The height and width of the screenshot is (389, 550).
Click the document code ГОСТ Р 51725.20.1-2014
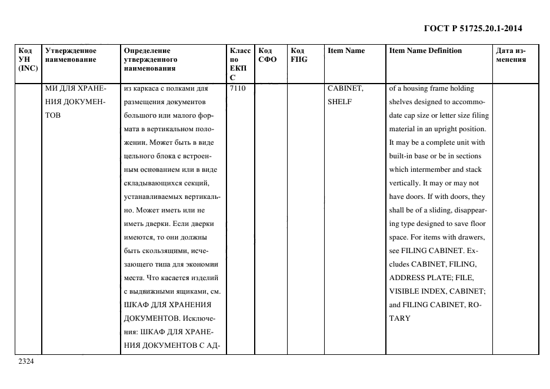472,28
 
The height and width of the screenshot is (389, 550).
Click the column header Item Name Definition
425,51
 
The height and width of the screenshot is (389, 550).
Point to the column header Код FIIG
298,55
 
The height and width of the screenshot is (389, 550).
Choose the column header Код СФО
267,55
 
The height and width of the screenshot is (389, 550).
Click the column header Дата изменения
511,55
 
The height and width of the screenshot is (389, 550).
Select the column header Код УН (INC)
28,59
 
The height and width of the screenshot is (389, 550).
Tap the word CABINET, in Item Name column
345,89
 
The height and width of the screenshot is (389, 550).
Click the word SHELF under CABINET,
339,102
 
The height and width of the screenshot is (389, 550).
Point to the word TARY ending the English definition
400,318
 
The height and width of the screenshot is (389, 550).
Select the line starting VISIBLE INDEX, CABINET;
436,291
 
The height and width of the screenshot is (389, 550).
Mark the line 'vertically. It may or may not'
434,183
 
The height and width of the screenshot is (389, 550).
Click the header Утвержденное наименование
71,55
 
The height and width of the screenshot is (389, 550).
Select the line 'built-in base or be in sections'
435,156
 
